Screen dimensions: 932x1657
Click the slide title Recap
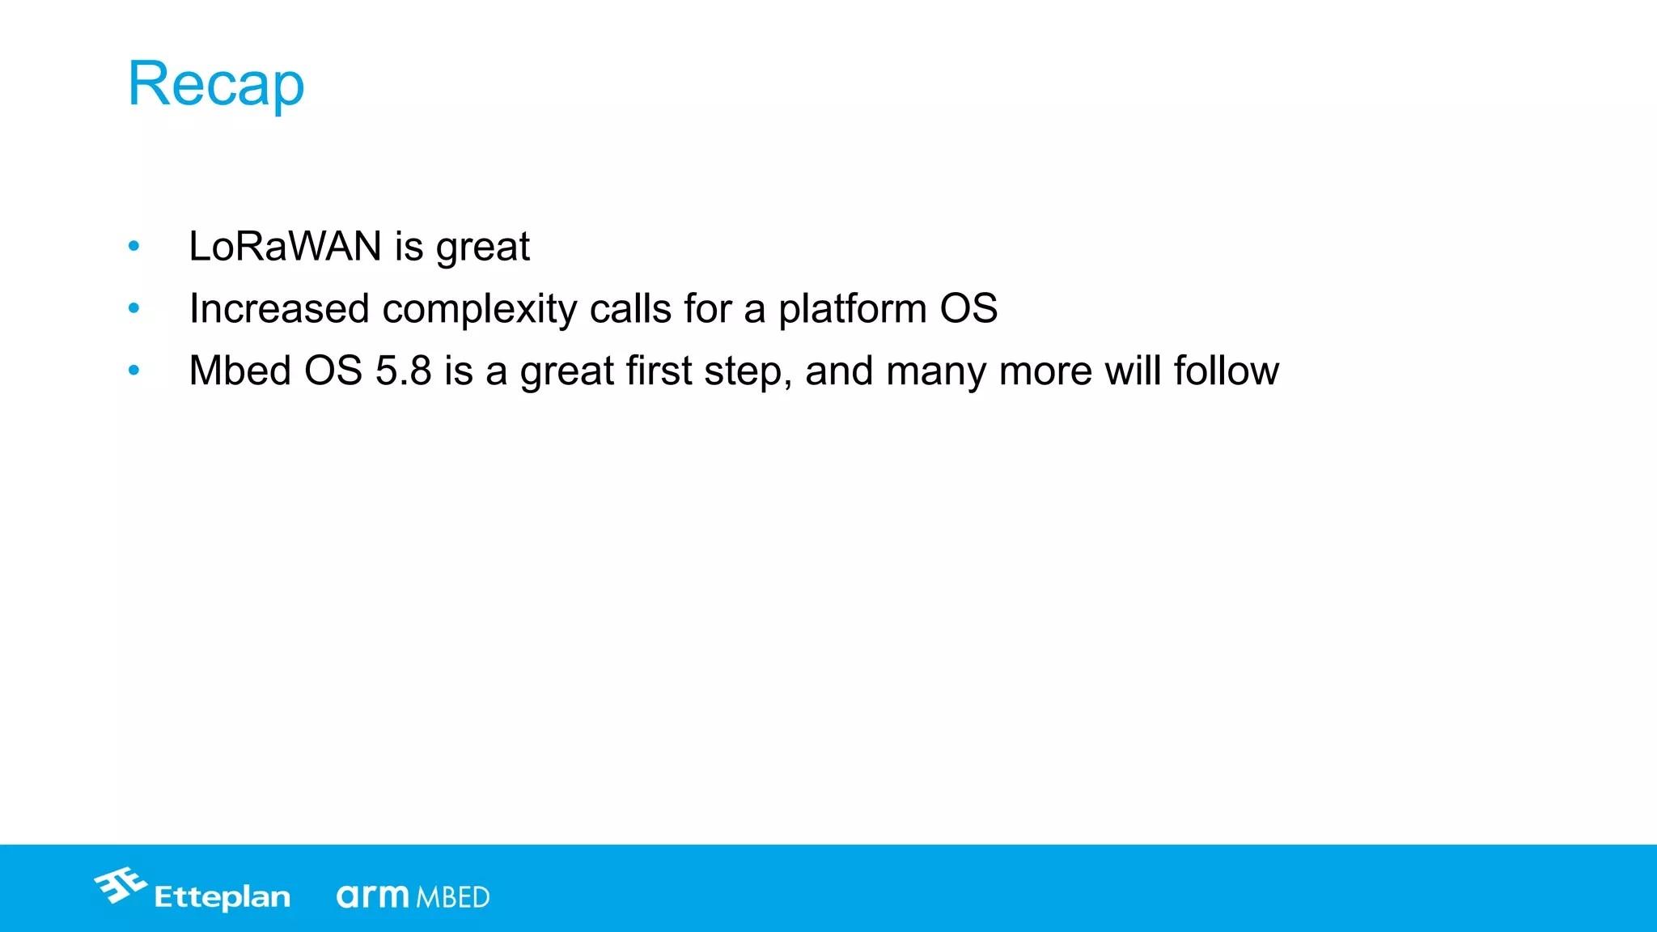[216, 84]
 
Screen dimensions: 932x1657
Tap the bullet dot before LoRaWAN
[134, 246]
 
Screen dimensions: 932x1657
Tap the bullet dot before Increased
[134, 308]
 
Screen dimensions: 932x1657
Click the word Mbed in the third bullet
[239, 371]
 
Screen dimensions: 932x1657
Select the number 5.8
[403, 371]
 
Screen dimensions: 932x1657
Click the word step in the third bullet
[747, 372]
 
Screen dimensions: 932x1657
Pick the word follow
[1227, 371]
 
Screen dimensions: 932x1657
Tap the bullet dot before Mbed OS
[134, 371]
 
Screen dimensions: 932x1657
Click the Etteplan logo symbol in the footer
[121, 885]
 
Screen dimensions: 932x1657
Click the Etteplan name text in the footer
[222, 897]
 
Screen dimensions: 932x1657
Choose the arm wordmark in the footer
[373, 896]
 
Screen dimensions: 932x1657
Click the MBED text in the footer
[453, 897]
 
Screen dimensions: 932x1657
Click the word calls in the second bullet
[630, 308]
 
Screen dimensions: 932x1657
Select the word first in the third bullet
[659, 371]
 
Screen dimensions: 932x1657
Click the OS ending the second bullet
[968, 308]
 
